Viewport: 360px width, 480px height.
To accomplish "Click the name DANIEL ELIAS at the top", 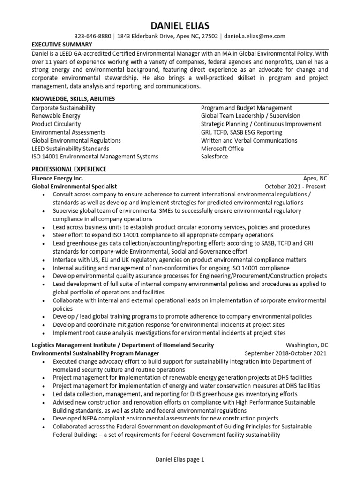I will coord(180,25).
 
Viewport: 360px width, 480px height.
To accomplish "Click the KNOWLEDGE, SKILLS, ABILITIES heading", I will coord(73,99).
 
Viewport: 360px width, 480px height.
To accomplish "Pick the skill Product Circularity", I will coord(56,124).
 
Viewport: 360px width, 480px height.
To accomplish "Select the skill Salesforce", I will coord(215,157).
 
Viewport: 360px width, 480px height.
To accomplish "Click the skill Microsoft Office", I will coord(223,149).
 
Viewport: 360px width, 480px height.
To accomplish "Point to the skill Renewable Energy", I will coord(56,116).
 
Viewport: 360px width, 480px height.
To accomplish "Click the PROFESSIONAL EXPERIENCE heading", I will coord(69,169).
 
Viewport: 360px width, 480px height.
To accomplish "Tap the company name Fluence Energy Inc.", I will coord(57,178).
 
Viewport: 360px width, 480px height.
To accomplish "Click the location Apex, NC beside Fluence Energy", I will coord(315,178).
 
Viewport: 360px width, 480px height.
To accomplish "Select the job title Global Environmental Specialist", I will coord(74,187).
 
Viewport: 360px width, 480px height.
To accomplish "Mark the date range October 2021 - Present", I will coord(295,187).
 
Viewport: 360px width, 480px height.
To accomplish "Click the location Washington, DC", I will coord(306,345).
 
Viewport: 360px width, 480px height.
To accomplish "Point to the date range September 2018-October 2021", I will coord(285,353).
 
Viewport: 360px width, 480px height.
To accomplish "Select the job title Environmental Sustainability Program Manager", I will coord(95,353).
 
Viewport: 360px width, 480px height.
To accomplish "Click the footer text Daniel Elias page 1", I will coord(180,460).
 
